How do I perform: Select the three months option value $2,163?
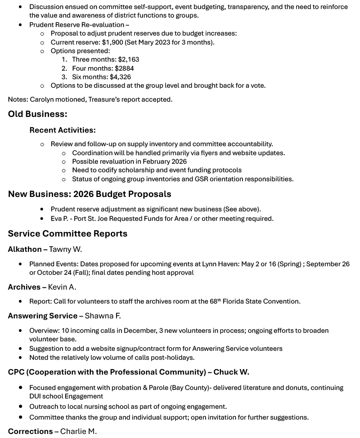[129, 59]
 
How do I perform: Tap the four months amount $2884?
[124, 68]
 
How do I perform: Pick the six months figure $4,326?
[120, 77]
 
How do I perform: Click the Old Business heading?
[37, 114]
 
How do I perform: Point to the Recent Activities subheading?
[63, 130]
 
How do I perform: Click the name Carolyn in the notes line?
[43, 99]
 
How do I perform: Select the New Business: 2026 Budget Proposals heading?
[90, 194]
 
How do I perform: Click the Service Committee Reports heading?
[67, 233]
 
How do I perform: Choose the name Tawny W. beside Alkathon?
[65, 249]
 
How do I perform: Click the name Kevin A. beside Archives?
[62, 287]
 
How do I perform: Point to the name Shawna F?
[103, 316]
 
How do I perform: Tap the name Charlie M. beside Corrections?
[78, 431]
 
